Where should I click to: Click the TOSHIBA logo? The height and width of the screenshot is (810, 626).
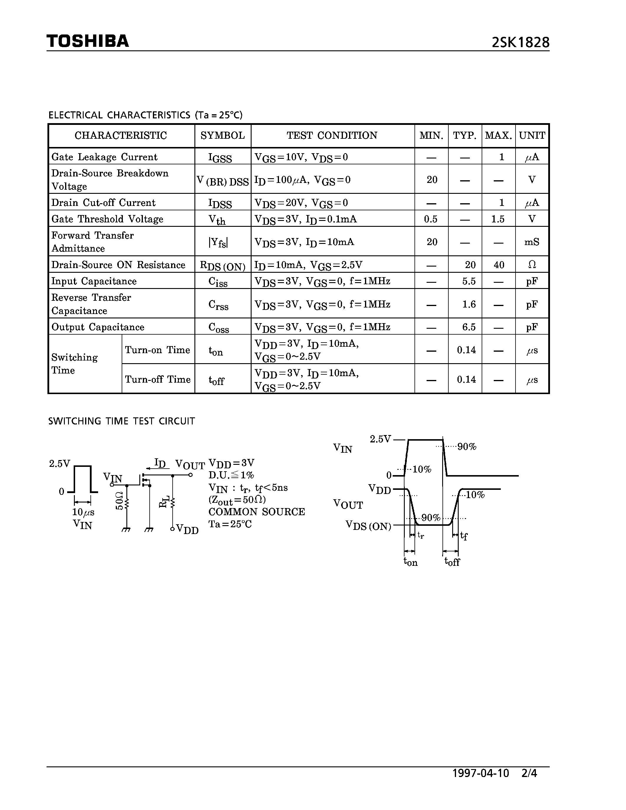pos(87,41)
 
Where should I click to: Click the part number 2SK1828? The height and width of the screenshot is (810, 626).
pos(520,43)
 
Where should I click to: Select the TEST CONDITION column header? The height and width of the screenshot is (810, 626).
pos(332,135)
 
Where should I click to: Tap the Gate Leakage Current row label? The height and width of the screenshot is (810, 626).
pos(104,157)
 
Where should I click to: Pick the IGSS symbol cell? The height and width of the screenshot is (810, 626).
pos(220,158)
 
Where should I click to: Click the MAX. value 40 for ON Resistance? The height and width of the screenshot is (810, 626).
pos(499,265)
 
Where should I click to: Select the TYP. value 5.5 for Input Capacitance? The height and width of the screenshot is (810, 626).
pos(469,281)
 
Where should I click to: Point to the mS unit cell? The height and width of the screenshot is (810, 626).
pos(531,242)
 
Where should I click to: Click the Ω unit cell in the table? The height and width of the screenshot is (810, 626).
pos(531,265)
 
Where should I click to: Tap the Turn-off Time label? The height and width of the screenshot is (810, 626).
pos(158,379)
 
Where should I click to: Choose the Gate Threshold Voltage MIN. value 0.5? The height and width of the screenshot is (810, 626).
pos(431,219)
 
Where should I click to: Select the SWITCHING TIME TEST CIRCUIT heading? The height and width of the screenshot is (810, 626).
pos(121,421)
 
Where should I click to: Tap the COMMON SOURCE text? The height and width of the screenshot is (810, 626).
pos(257,512)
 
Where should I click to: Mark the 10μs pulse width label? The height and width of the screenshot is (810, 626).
pos(83,512)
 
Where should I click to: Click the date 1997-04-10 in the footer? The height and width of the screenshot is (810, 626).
pos(481,773)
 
